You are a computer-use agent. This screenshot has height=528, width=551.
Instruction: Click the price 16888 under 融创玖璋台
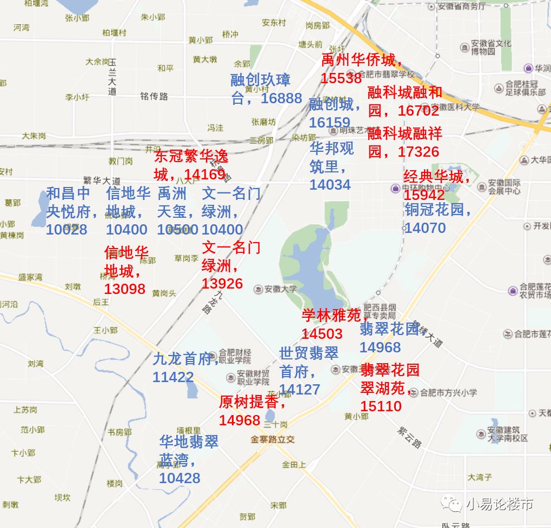click(281, 98)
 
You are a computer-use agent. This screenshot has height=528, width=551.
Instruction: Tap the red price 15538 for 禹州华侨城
click(341, 78)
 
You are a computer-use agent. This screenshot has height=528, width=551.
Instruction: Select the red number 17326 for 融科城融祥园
click(418, 152)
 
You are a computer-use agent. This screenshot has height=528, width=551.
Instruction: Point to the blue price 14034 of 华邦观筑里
click(330, 185)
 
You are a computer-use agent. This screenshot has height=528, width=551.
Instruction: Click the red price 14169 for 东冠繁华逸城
click(204, 175)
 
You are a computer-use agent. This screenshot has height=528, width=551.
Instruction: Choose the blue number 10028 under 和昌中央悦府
click(67, 230)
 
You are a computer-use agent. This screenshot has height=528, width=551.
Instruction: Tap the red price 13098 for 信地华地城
click(125, 289)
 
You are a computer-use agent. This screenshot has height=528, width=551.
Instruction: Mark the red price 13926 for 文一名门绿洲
click(222, 284)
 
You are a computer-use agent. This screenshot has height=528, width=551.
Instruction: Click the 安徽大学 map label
click(280, 289)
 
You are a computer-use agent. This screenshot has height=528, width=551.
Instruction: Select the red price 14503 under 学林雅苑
click(322, 334)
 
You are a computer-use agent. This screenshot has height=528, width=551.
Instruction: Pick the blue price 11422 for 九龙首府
click(173, 377)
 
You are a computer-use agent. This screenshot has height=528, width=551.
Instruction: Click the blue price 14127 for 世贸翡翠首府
click(300, 390)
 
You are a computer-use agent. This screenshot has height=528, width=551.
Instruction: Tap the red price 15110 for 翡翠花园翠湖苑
click(381, 406)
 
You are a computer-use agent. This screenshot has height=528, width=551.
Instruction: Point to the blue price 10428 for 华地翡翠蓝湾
click(180, 478)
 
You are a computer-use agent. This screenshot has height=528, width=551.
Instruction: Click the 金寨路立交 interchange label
click(273, 439)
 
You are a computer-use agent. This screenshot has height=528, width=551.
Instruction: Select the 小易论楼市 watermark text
click(499, 504)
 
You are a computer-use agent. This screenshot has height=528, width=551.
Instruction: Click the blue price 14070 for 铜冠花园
click(425, 228)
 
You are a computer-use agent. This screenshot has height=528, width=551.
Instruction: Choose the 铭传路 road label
click(154, 96)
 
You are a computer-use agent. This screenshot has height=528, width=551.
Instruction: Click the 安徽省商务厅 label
click(463, 6)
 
